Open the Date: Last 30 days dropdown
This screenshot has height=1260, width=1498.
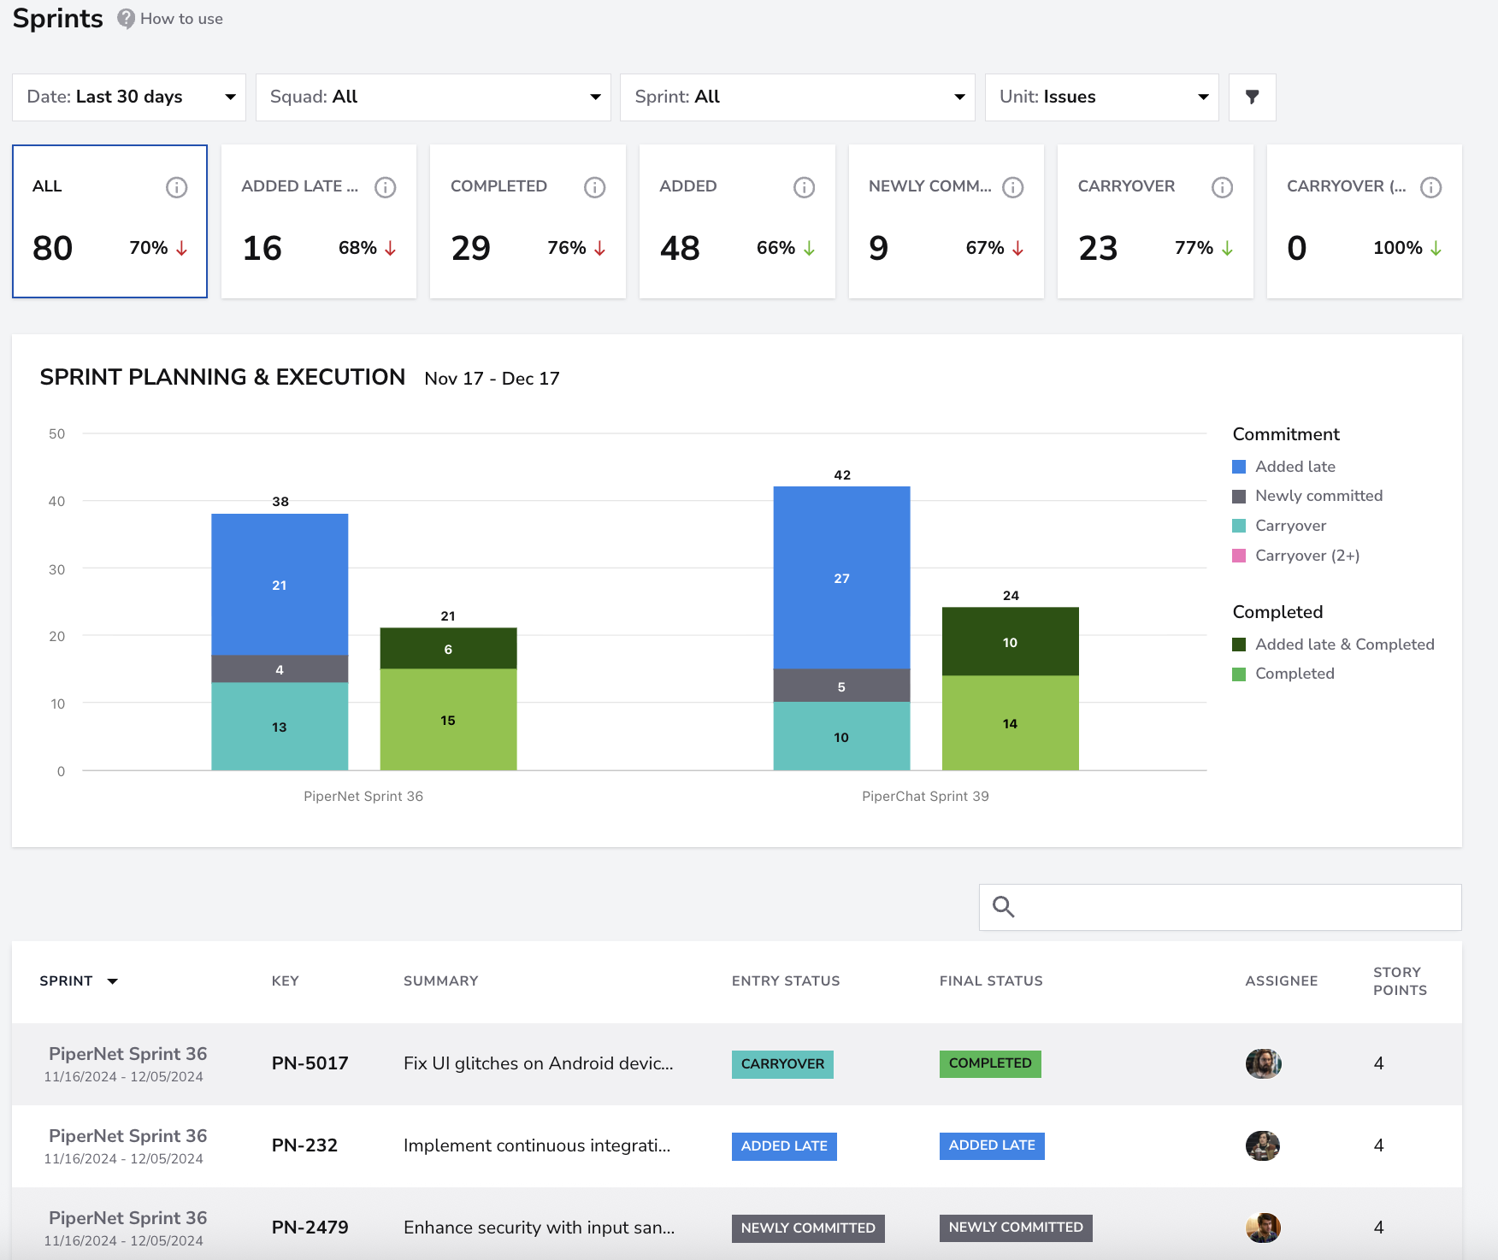tap(129, 97)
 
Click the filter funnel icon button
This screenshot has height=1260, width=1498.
tap(1252, 97)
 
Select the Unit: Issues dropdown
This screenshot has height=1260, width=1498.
tap(1101, 97)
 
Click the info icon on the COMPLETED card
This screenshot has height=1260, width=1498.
tap(594, 187)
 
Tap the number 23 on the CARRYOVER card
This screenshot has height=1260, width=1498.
tap(1098, 249)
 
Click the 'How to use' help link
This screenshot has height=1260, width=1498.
tap(170, 19)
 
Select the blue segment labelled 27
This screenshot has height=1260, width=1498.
tap(841, 578)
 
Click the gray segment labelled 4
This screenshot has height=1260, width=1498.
tap(280, 669)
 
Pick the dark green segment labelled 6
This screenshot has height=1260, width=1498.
tap(448, 649)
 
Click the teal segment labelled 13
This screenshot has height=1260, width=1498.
tap(280, 727)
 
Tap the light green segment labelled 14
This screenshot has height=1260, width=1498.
tap(1010, 723)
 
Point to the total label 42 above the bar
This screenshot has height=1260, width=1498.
tap(842, 475)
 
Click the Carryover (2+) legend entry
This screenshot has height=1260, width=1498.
tap(1295, 556)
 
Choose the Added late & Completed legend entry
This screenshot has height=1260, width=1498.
tap(1333, 645)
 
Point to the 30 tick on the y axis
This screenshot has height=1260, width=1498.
tap(56, 569)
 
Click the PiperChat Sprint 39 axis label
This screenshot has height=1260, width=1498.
tap(925, 797)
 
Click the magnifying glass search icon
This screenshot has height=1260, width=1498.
tap(1003, 907)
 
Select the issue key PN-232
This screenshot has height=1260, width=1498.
tap(304, 1145)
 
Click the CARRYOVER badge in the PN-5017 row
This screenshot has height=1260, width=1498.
tap(782, 1064)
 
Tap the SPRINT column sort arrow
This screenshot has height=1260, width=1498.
tap(112, 981)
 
